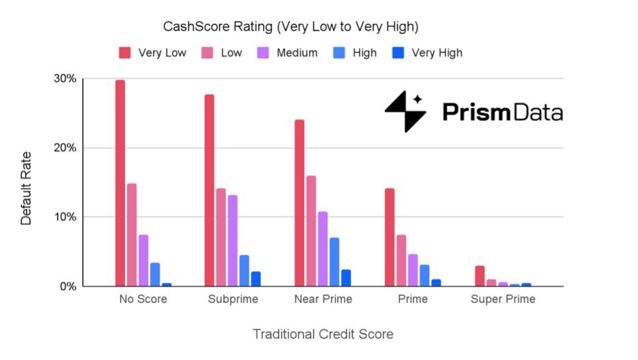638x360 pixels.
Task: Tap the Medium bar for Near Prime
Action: pyautogui.click(x=323, y=249)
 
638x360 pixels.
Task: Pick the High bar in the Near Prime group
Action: pyautogui.click(x=334, y=262)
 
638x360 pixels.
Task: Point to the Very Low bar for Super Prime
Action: pyautogui.click(x=480, y=276)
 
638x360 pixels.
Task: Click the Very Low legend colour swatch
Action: pyautogui.click(x=125, y=53)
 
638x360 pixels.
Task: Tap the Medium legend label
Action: pyautogui.click(x=297, y=53)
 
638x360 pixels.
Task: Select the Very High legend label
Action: pyautogui.click(x=437, y=53)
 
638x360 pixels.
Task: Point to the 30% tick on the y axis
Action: pyautogui.click(x=65, y=79)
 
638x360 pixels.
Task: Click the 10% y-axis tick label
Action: pyautogui.click(x=65, y=217)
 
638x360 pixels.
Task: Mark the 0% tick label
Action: pyautogui.click(x=67, y=286)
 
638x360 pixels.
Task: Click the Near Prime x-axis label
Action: pyautogui.click(x=323, y=299)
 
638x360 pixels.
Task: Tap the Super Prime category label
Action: pyautogui.click(x=503, y=299)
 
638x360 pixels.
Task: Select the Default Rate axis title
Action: pyautogui.click(x=26, y=188)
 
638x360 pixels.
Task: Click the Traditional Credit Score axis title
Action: pyautogui.click(x=323, y=334)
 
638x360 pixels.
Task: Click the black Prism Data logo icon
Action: pyautogui.click(x=405, y=111)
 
